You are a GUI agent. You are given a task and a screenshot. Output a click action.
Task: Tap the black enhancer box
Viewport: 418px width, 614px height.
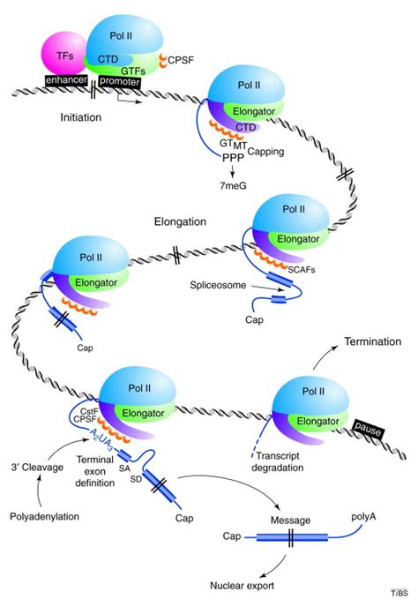69,80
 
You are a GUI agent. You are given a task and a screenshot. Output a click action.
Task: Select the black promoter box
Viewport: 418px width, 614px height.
118,80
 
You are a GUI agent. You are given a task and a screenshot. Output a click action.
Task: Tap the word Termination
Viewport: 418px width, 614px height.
373,341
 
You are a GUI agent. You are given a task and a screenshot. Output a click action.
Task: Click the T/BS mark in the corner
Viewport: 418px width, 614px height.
401,607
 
